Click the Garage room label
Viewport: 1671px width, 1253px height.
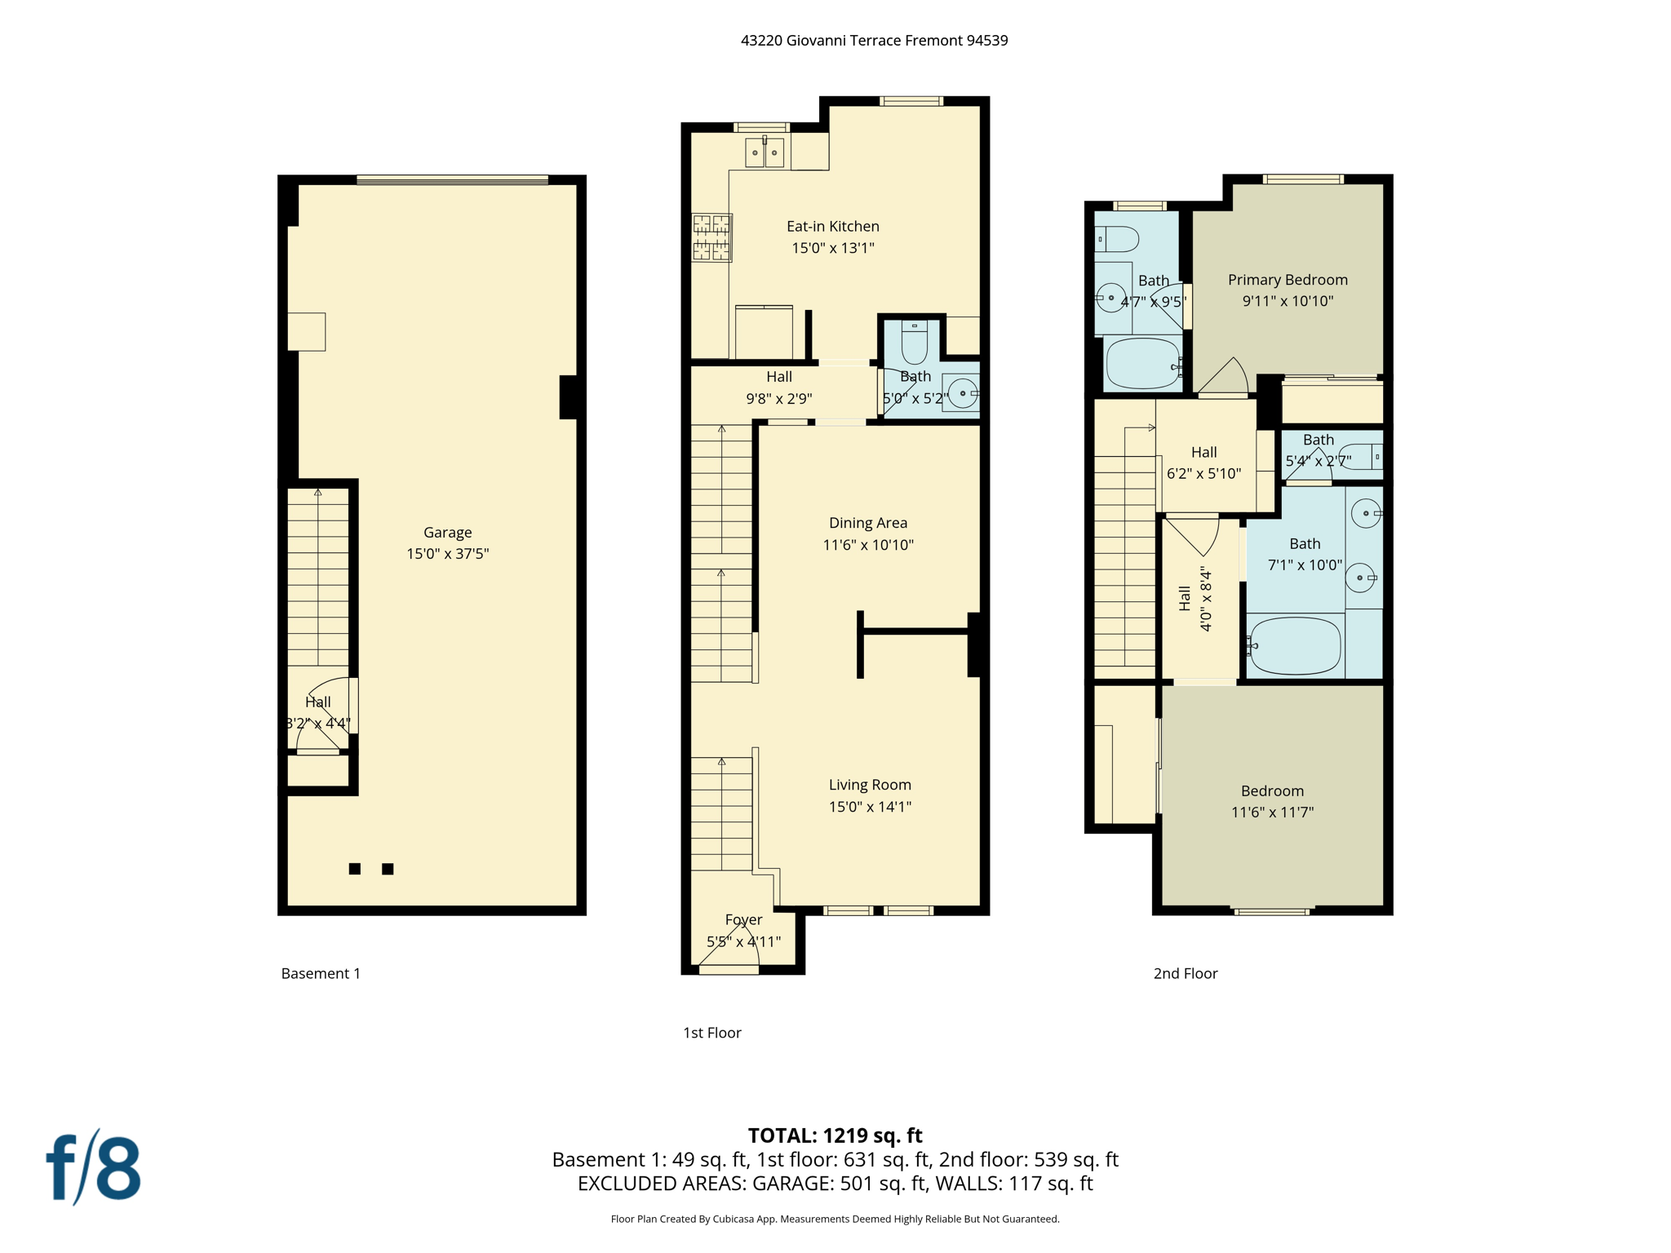[x=447, y=533]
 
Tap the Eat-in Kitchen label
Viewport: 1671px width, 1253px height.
[x=832, y=227]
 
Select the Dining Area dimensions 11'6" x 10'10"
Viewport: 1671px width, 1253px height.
[x=867, y=545]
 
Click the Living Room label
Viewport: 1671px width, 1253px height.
[x=870, y=785]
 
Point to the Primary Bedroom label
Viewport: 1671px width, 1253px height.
[x=1288, y=280]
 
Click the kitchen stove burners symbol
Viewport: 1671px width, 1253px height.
[x=711, y=237]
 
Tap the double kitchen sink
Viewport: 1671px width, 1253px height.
[x=765, y=153]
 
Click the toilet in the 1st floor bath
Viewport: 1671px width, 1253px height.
[x=915, y=342]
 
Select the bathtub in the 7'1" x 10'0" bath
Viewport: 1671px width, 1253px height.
[x=1295, y=646]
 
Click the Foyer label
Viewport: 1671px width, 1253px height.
[x=743, y=920]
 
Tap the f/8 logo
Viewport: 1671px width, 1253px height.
[x=93, y=1168]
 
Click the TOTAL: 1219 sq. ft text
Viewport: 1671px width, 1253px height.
[x=835, y=1136]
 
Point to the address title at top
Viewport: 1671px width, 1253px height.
[x=874, y=41]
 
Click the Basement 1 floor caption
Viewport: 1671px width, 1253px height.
[x=321, y=973]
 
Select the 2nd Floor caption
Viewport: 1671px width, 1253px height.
[x=1185, y=973]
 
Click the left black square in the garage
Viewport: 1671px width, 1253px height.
[x=354, y=869]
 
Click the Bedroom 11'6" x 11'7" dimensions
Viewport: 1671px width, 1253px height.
[x=1272, y=812]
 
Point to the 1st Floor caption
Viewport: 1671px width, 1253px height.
[x=711, y=1033]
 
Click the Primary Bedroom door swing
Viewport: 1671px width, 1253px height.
[x=1224, y=378]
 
